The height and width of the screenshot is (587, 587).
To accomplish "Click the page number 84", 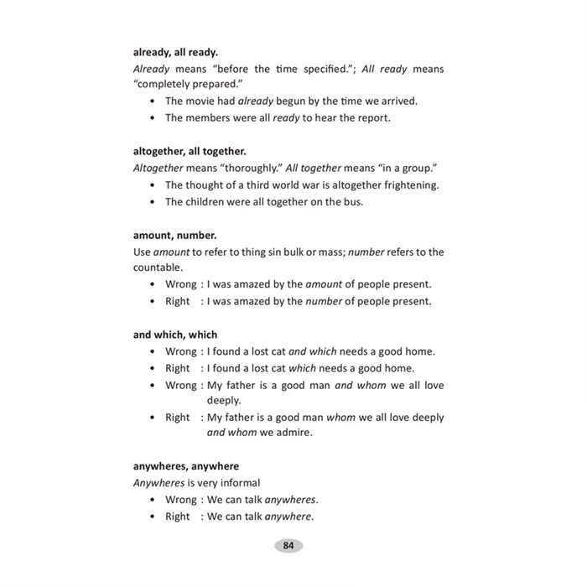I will point(288,545).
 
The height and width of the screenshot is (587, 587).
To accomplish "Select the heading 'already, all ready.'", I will point(175,52).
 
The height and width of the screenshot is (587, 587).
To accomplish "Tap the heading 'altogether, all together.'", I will point(190,151).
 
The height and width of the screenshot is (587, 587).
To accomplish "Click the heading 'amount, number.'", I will point(174,236).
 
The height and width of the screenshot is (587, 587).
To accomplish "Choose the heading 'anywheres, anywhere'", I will point(185,466).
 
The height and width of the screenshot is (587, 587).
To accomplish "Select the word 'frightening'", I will point(408,184).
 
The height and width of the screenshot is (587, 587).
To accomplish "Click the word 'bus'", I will point(356,201).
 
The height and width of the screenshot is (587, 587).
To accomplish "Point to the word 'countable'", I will point(157,268).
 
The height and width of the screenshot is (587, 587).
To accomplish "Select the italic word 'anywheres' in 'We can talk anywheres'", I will point(291,500).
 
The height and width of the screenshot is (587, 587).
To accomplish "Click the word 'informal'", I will point(238,483).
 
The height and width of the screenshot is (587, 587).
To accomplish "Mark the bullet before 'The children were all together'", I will point(152,202).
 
